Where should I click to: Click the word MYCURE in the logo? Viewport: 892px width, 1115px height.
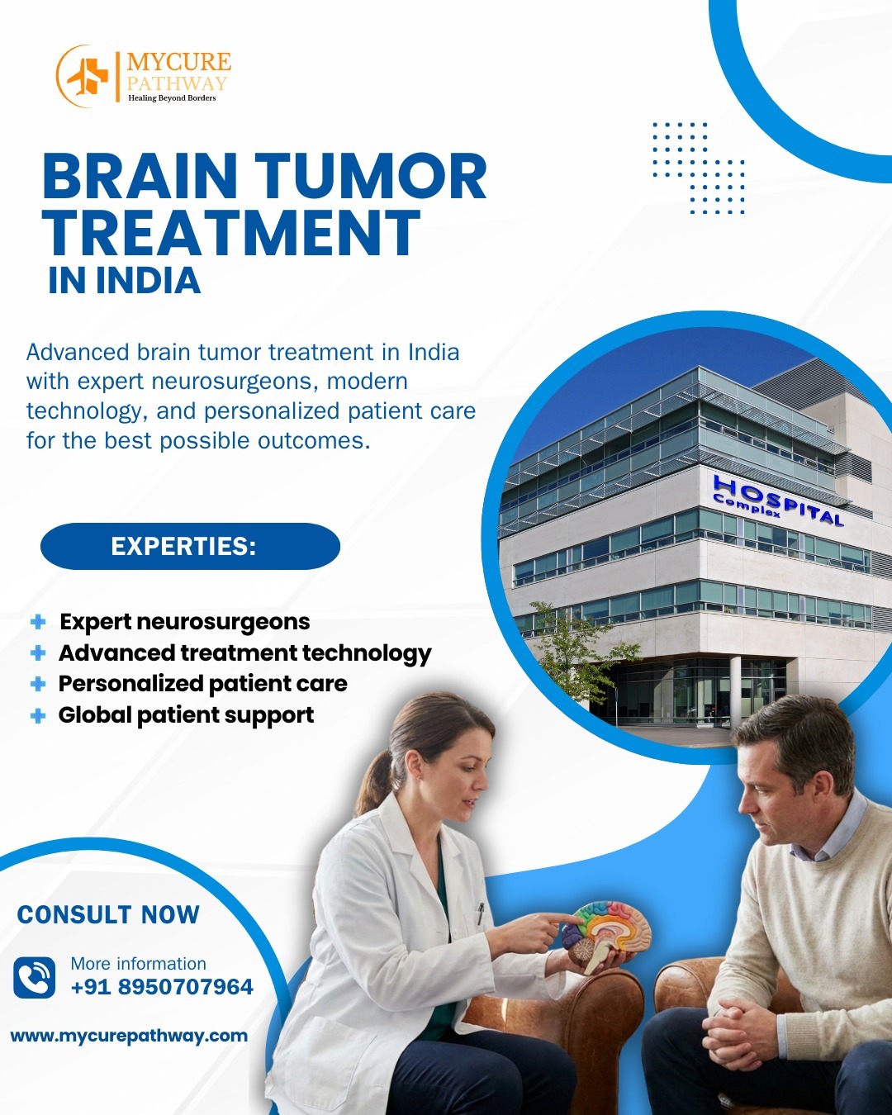179,62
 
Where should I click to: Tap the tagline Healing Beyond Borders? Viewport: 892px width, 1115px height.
172,98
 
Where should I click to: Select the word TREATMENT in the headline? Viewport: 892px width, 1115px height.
232,233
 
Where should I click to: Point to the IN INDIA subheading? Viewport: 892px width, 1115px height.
125,281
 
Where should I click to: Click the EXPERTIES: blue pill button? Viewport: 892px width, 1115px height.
190,546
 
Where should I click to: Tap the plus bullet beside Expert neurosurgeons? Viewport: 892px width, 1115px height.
38,622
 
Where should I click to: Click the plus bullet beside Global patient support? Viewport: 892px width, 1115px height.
38,716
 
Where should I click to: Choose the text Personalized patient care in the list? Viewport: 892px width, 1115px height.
202,684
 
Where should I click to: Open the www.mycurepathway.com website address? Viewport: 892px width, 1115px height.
129,1036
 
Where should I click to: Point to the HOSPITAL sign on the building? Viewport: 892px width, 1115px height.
779,501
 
